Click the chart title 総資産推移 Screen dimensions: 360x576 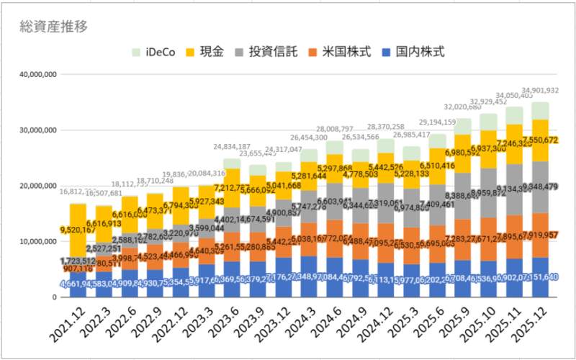point(54,27)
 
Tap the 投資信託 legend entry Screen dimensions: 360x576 point(267,52)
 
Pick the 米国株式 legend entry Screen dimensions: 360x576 point(340,52)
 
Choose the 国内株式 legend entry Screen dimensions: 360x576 point(414,52)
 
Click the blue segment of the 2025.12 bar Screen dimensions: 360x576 point(541,277)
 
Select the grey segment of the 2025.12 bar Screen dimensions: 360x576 point(541,187)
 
